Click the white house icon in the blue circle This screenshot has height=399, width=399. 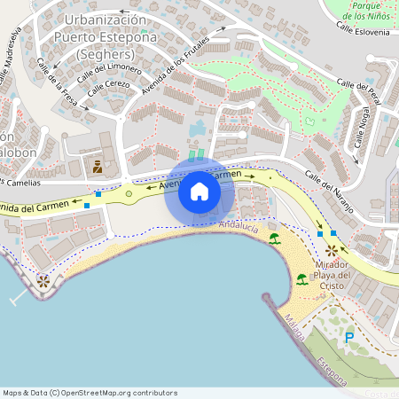[199, 192]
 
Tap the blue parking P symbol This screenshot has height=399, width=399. [348, 338]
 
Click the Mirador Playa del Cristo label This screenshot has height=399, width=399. [332, 275]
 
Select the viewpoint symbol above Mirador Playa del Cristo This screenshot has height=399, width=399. [332, 251]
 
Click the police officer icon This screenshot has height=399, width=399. [98, 166]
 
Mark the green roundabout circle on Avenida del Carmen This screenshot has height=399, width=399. [129, 193]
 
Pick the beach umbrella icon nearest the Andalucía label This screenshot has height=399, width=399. [275, 239]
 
